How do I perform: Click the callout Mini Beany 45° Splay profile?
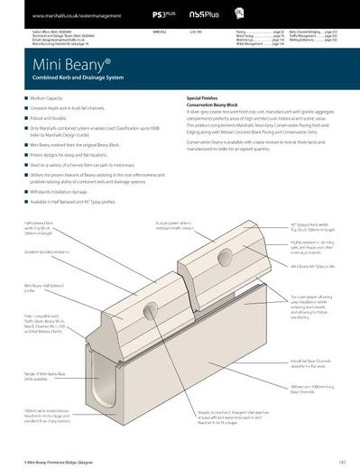click(x=315, y=268)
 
